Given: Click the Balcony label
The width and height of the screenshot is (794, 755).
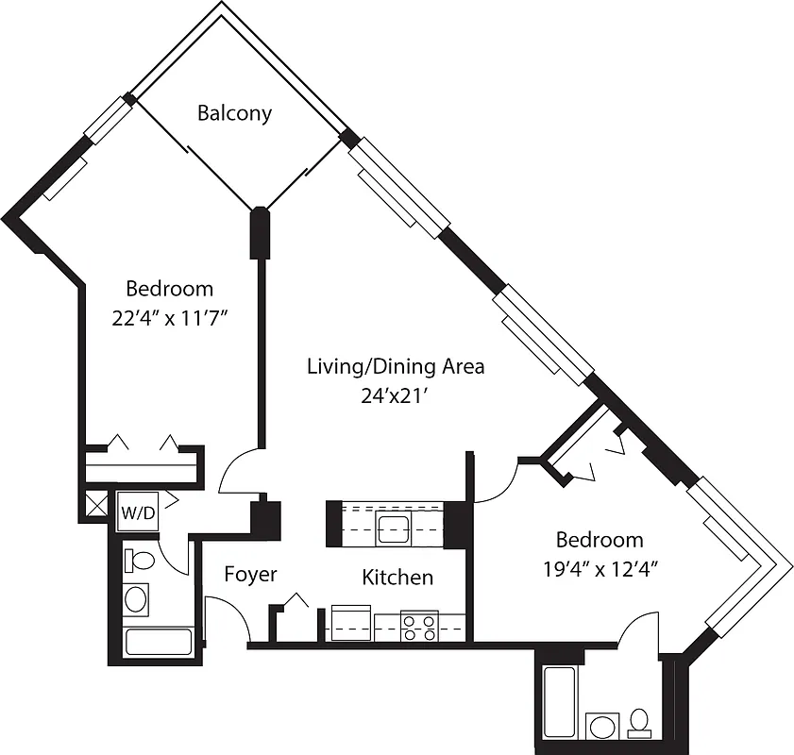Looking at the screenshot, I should [234, 113].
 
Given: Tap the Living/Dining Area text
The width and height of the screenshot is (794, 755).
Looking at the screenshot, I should [395, 366].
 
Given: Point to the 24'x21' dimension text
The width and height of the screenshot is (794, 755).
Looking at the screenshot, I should [395, 397].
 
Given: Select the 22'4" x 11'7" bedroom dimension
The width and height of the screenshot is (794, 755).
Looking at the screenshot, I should [170, 319].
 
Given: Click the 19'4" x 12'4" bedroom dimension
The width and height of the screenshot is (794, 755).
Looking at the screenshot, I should [600, 569].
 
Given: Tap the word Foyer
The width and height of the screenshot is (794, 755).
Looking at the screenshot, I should [250, 574].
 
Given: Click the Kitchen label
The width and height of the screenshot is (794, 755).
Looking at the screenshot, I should [397, 577].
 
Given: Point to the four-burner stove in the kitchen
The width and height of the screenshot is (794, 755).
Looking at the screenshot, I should [419, 627].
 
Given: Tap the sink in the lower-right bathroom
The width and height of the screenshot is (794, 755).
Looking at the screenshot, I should [600, 726].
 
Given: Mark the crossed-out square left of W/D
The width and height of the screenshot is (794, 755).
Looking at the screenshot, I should [96, 502].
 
